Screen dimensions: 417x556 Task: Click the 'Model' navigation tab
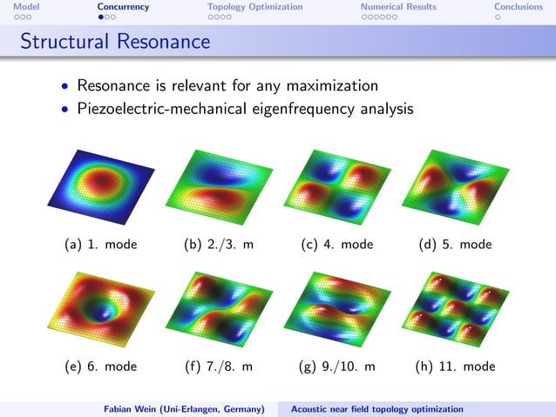pyautogui.click(x=14, y=7)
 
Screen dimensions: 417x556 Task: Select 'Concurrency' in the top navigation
pyautogui.click(x=123, y=7)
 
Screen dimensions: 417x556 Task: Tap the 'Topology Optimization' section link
pyautogui.click(x=254, y=7)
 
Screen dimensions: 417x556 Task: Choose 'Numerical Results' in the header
pyautogui.click(x=398, y=7)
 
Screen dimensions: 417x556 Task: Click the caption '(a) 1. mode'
pyautogui.click(x=101, y=245)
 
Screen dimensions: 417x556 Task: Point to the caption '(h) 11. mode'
pyautogui.click(x=455, y=367)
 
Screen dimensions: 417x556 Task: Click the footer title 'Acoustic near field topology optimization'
pyautogui.click(x=376, y=408)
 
